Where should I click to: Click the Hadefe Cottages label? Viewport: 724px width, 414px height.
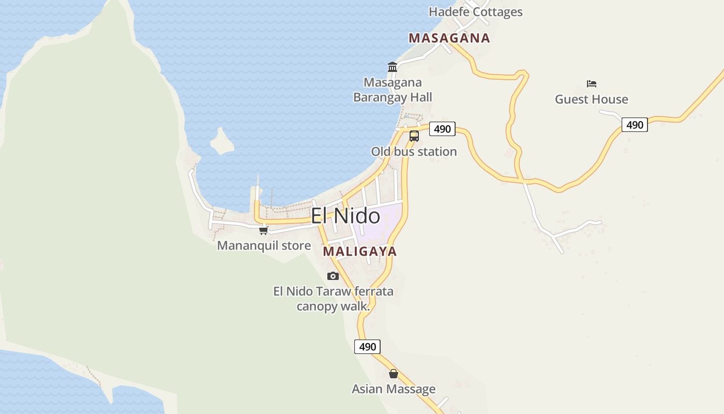[475, 12]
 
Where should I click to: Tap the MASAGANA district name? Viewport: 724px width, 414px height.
[449, 38]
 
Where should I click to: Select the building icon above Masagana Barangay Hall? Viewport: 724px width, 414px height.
[393, 67]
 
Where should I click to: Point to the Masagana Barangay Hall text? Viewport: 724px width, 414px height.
[393, 90]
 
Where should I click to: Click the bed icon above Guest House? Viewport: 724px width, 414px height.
[592, 83]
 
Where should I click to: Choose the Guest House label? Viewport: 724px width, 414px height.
[591, 99]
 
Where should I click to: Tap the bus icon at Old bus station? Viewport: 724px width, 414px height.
[414, 136]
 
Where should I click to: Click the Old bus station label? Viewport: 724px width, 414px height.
[414, 152]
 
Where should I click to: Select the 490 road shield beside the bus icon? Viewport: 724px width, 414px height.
[442, 129]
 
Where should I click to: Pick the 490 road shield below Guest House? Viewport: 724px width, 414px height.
[635, 125]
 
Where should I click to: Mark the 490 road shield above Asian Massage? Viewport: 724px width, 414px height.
[367, 347]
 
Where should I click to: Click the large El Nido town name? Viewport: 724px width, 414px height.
[345, 216]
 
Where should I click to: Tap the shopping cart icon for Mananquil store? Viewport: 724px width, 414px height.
[264, 230]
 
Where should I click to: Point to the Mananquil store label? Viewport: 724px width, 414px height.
[264, 245]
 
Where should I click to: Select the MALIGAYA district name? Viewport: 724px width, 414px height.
[360, 252]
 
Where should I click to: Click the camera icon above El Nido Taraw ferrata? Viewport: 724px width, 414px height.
[333, 276]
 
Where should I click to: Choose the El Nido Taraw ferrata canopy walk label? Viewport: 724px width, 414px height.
[333, 299]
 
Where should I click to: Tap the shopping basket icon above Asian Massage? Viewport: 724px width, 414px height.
[394, 374]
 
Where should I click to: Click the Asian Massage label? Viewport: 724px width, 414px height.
[394, 389]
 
